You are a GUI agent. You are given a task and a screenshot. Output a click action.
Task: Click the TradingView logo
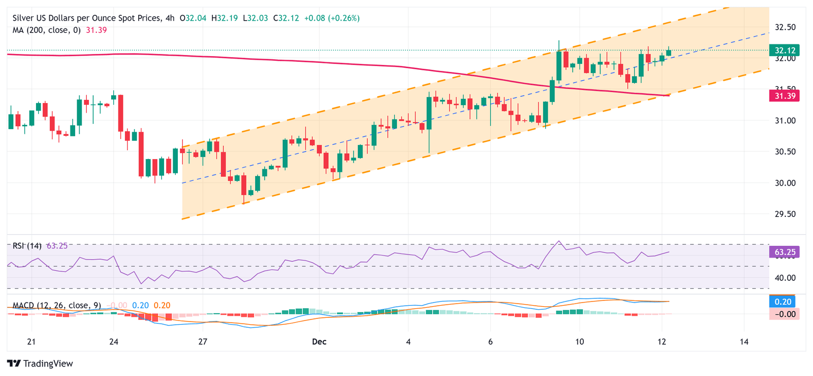pos(40,363)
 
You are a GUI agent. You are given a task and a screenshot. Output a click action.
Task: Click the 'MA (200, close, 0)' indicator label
pos(47,30)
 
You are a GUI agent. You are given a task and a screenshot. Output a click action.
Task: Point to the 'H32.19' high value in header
pos(223,18)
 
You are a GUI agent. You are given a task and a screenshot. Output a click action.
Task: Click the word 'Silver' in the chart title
pos(24,18)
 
